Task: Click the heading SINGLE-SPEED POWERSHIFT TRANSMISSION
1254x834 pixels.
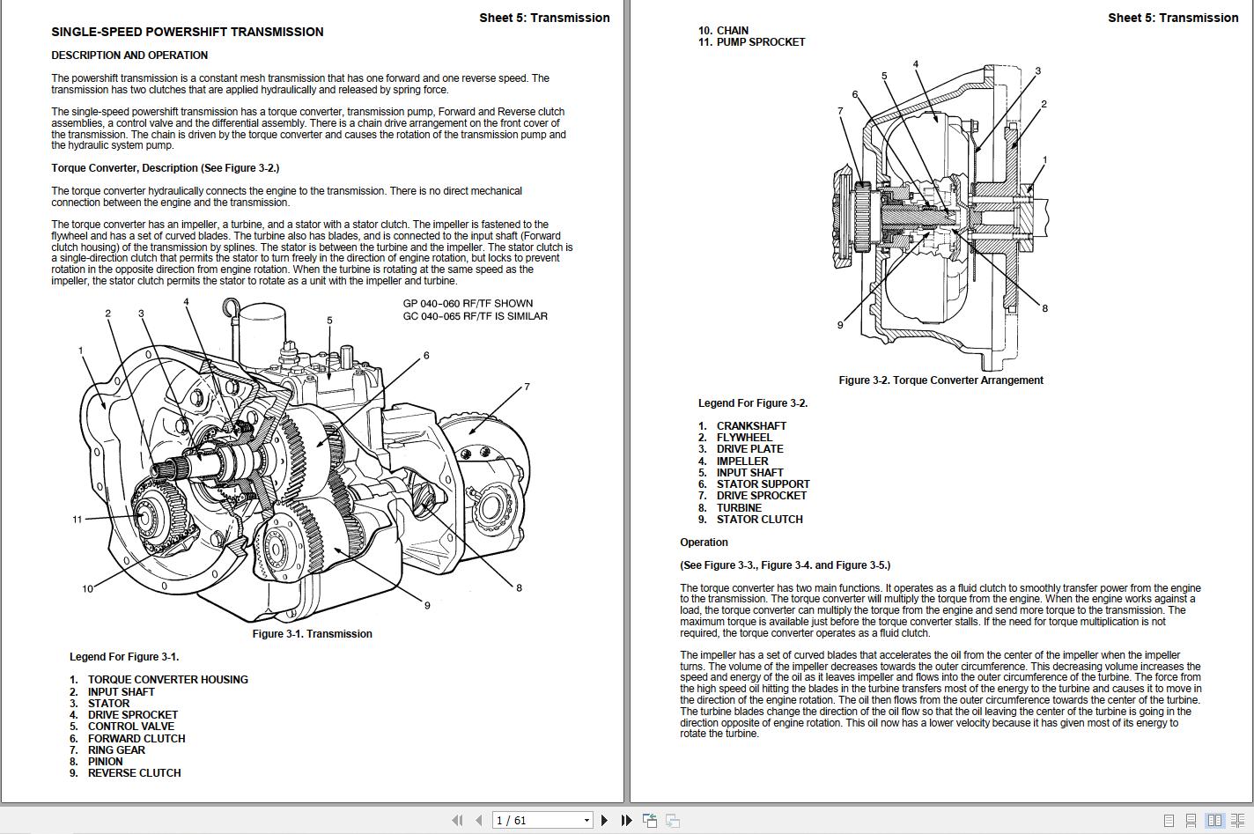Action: coord(187,32)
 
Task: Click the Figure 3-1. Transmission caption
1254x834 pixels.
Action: coord(312,634)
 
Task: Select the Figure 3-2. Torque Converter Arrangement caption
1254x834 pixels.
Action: coord(940,380)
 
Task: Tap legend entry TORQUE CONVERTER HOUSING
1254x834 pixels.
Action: coord(167,680)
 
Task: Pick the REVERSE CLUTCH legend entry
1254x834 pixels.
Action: coord(134,773)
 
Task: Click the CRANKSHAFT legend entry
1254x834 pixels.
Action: coord(751,426)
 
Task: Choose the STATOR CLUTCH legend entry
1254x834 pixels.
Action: coord(759,520)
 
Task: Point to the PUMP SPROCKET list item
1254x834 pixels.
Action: coord(760,41)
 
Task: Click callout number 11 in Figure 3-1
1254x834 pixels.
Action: coord(77,520)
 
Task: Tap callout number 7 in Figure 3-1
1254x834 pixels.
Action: coord(527,387)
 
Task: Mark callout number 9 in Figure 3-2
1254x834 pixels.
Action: coord(840,325)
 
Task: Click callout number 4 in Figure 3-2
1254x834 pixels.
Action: coord(916,64)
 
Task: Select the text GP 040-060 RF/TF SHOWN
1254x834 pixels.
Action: coord(468,304)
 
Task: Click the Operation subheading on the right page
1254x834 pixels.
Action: coord(704,542)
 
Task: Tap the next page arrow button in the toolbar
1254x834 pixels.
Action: coord(604,821)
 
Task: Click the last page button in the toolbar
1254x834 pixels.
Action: coord(626,821)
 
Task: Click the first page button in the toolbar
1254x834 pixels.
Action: coord(456,821)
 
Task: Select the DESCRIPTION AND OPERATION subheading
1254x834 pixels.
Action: coord(129,55)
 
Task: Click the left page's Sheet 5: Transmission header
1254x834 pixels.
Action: coord(544,18)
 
